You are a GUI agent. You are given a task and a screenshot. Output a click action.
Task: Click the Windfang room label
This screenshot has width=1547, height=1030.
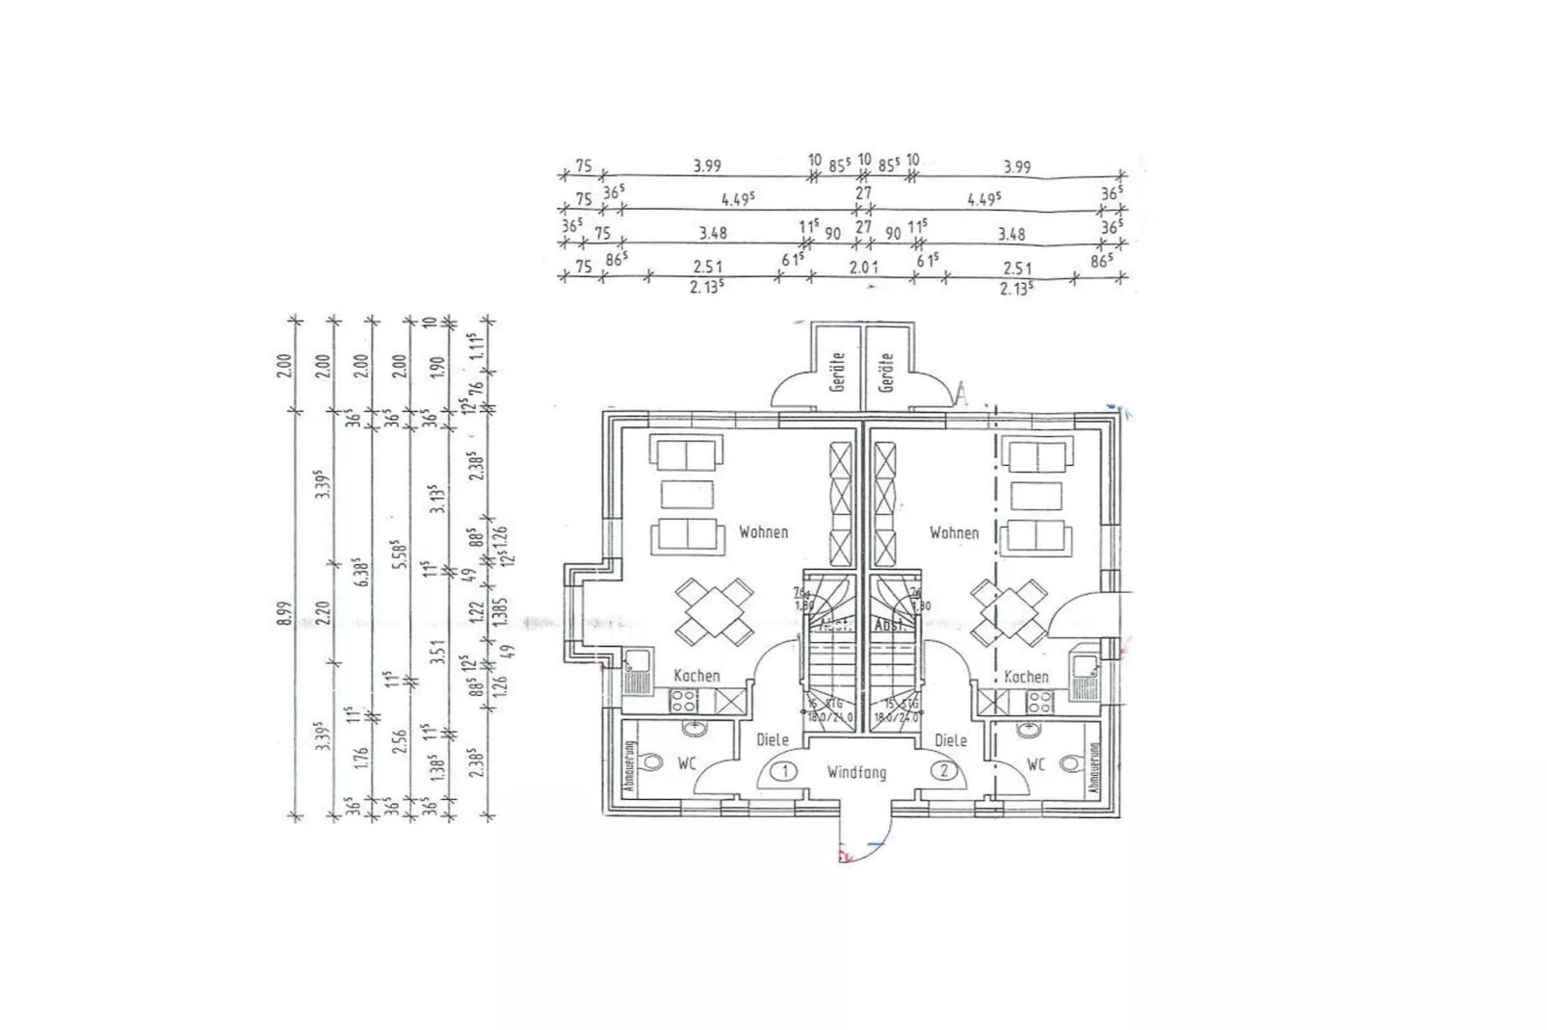pyautogui.click(x=855, y=772)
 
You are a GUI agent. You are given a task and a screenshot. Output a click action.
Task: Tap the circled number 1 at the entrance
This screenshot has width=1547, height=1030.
pyautogui.click(x=785, y=771)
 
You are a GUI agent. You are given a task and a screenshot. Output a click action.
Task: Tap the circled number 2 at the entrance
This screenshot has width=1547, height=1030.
pyautogui.click(x=945, y=771)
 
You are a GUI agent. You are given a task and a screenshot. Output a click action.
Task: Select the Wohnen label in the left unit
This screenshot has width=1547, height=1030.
pyautogui.click(x=763, y=532)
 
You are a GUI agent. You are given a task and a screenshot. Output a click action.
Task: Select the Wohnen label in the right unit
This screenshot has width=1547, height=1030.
pyautogui.click(x=954, y=532)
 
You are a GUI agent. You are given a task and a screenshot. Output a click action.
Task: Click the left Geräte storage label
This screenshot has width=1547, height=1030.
pyautogui.click(x=837, y=372)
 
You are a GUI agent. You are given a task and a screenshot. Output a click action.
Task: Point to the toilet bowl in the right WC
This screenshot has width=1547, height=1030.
pyautogui.click(x=1070, y=763)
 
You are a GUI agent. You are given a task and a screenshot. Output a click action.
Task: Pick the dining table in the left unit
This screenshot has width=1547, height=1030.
pyautogui.click(x=713, y=611)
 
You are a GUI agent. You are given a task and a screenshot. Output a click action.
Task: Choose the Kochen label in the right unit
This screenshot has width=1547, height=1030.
pyautogui.click(x=1025, y=677)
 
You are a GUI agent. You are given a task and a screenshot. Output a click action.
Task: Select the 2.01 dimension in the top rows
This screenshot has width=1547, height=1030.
pyautogui.click(x=863, y=268)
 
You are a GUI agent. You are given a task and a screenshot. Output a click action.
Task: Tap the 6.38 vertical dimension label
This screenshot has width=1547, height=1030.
pyautogui.click(x=362, y=576)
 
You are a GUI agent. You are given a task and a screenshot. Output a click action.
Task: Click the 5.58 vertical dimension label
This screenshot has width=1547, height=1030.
pyautogui.click(x=402, y=556)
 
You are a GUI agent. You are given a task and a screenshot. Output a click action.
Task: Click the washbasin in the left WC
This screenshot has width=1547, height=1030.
pyautogui.click(x=691, y=729)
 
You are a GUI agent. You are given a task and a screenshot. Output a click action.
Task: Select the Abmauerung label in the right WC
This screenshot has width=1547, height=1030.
pyautogui.click(x=1094, y=769)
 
